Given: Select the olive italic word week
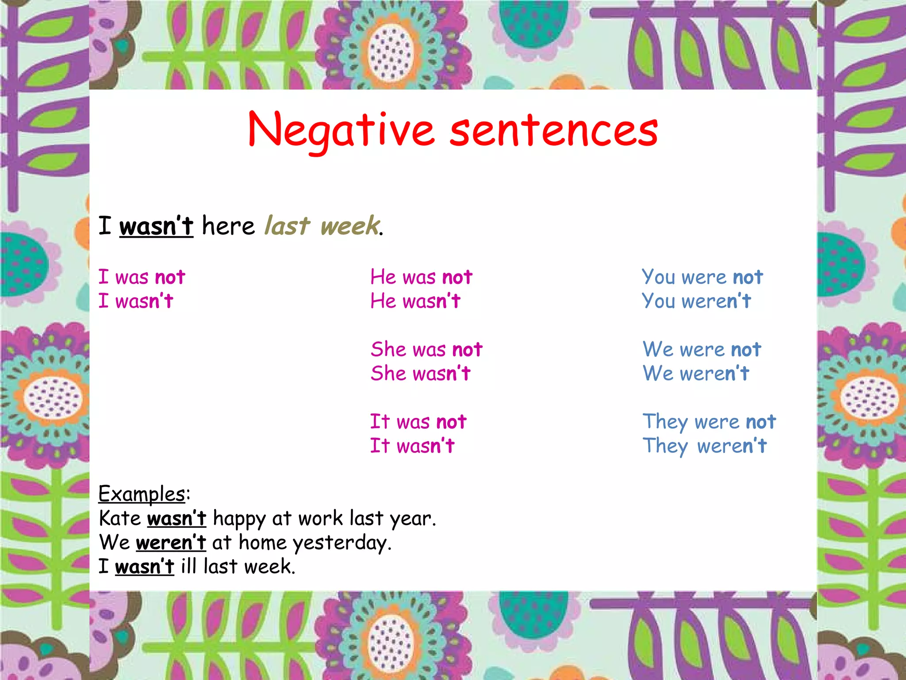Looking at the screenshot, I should click(349, 226).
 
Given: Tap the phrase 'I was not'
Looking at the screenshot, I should click(142, 278).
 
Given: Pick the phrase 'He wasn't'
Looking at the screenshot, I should click(415, 301).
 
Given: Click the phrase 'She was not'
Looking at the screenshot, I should click(426, 350).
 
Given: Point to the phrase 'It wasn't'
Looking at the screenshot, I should click(412, 446).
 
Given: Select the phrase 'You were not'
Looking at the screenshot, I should click(702, 278).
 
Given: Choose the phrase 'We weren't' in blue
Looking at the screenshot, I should click(696, 374).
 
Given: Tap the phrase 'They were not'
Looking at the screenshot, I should click(709, 422).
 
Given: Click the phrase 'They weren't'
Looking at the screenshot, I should click(704, 446).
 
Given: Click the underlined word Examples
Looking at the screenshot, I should click(142, 494).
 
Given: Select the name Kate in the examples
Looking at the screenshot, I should click(120, 518).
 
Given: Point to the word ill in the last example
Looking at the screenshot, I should click(188, 567).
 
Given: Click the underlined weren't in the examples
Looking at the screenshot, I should click(171, 543).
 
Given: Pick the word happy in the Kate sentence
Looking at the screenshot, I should click(239, 518).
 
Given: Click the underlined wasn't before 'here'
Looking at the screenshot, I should click(156, 226).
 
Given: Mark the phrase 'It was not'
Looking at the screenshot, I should click(418, 422).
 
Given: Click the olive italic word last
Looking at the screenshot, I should click(287, 226).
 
